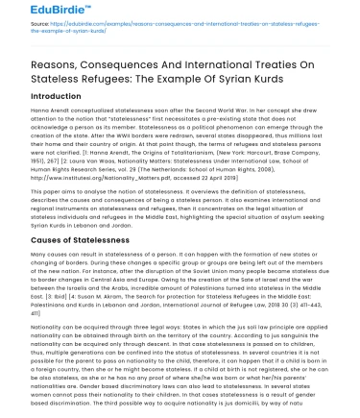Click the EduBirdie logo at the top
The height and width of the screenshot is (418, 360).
[x=45, y=12]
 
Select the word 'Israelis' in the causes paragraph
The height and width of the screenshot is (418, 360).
[x=77, y=292]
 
